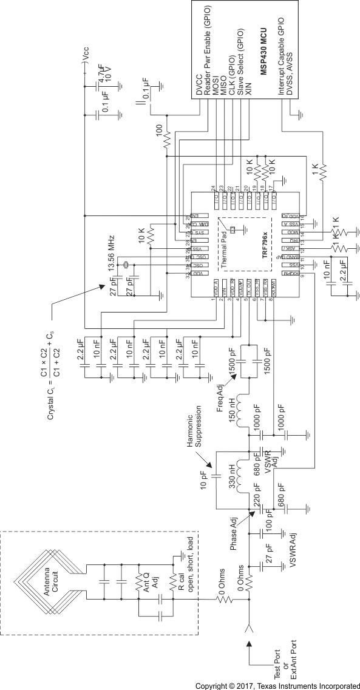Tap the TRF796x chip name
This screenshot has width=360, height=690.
pyautogui.click(x=265, y=249)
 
